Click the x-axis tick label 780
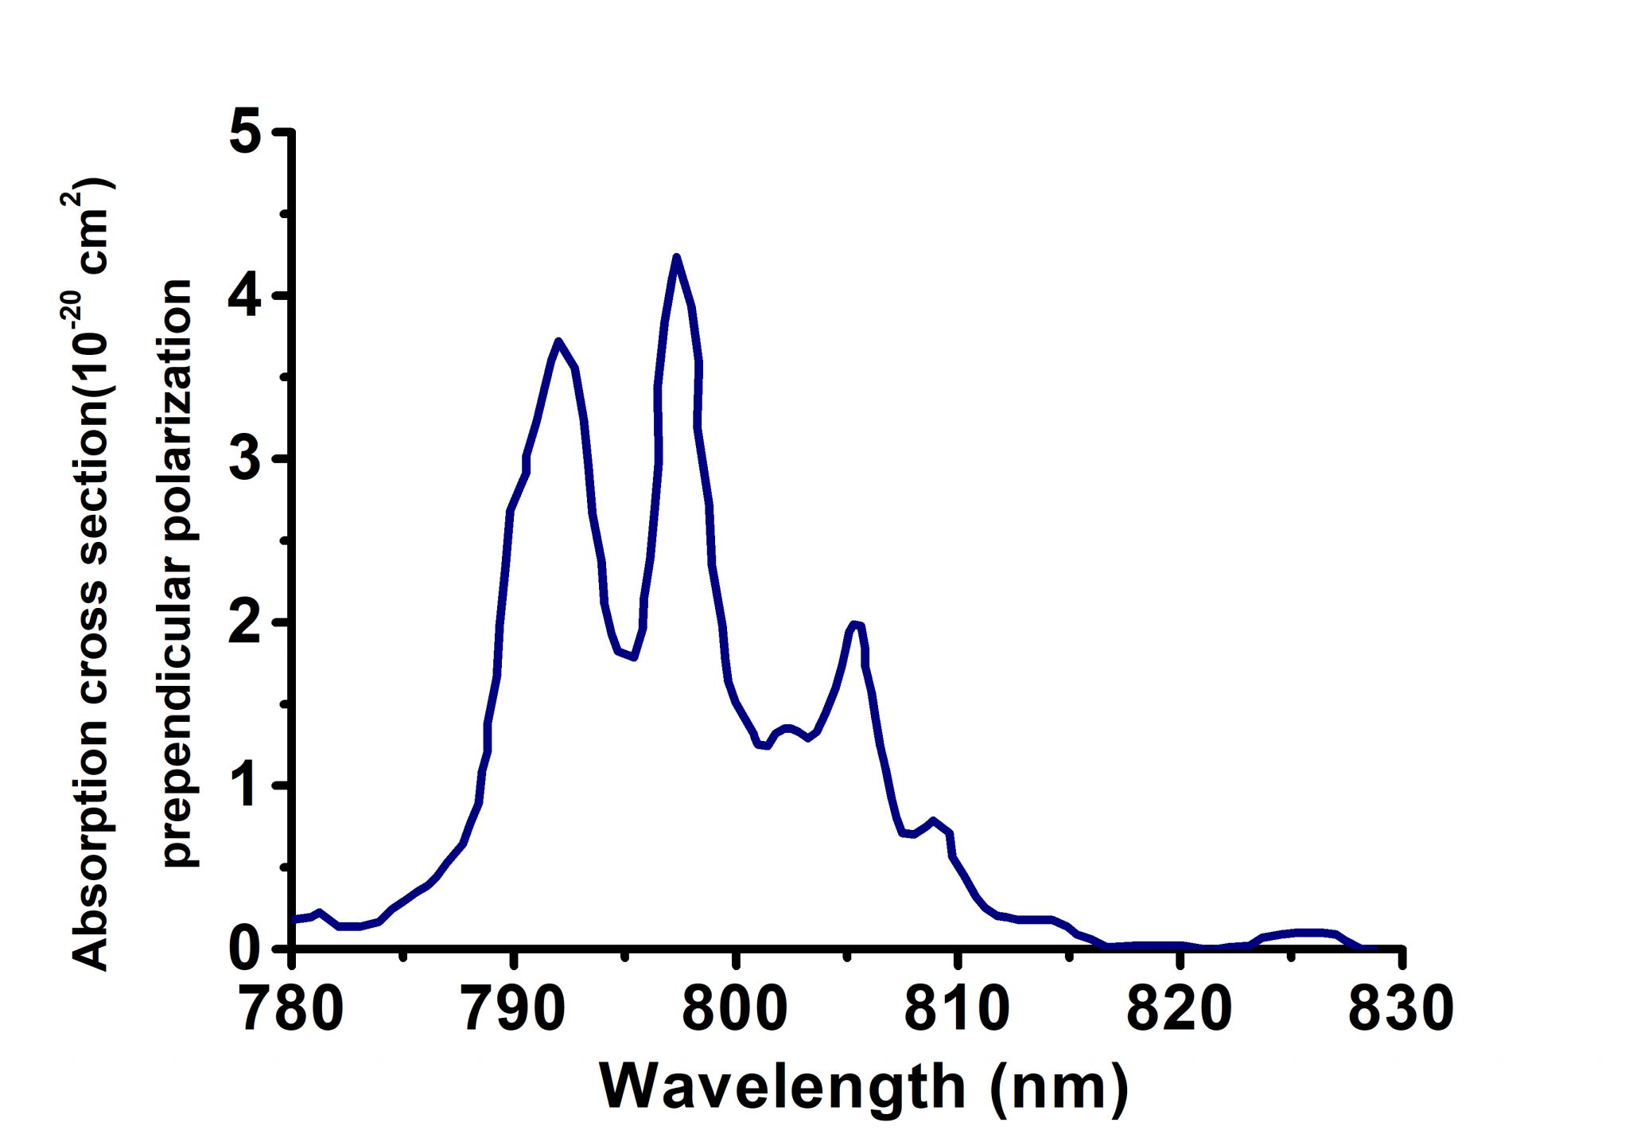pyautogui.click(x=293, y=1008)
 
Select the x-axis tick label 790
pyautogui.click(x=515, y=1008)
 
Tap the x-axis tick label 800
pyautogui.click(x=736, y=1008)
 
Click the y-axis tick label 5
pyautogui.click(x=247, y=133)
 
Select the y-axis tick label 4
pyautogui.click(x=247, y=296)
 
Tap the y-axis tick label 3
pyautogui.click(x=247, y=459)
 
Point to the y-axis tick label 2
pyautogui.click(x=247, y=622)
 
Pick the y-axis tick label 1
pyautogui.click(x=247, y=785)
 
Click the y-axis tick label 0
pyautogui.click(x=247, y=949)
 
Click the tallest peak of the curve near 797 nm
pyautogui.click(x=676, y=257)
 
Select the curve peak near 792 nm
pyautogui.click(x=558, y=341)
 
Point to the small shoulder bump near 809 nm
pyautogui.click(x=933, y=820)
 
